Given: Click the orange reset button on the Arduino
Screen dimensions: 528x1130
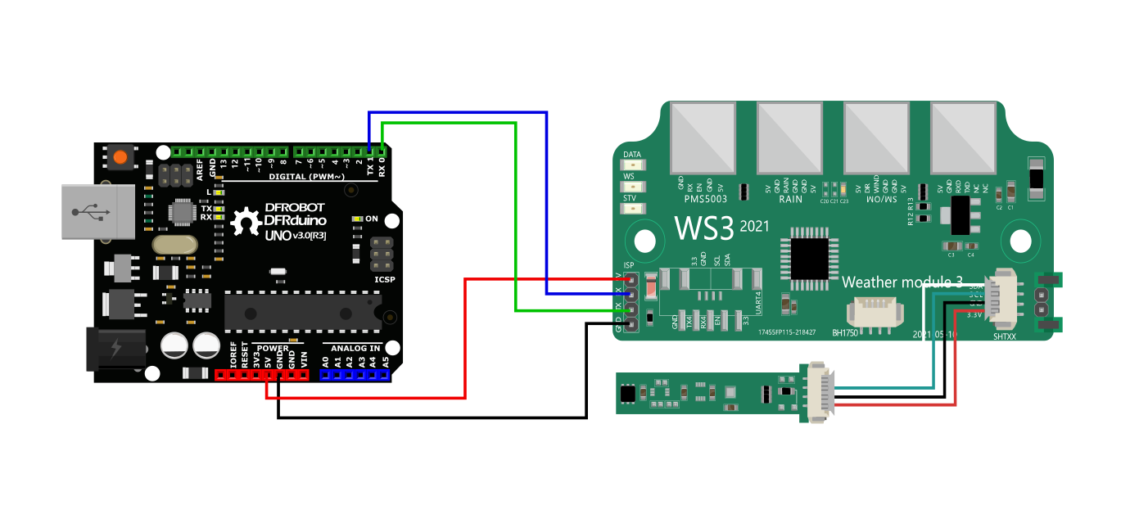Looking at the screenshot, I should (x=121, y=156).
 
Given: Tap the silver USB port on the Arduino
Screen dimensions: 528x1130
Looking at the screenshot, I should (x=97, y=212).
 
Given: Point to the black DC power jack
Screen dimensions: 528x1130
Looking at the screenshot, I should (x=115, y=348).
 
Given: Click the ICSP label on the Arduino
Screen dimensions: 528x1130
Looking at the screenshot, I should (x=385, y=279).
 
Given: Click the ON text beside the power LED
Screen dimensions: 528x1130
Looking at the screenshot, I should (x=371, y=219).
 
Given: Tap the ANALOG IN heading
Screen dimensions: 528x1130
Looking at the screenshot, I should (x=355, y=348).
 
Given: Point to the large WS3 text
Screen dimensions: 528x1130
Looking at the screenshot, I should (x=703, y=228).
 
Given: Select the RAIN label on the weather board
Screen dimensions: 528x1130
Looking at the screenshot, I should (x=790, y=198).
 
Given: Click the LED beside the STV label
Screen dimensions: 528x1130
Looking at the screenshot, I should (x=631, y=209).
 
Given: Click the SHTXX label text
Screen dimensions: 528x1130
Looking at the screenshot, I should (x=1004, y=336).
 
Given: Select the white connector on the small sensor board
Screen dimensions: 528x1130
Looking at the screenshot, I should (x=820, y=391).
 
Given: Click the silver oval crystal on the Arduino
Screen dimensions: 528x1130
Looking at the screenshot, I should (x=175, y=245).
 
